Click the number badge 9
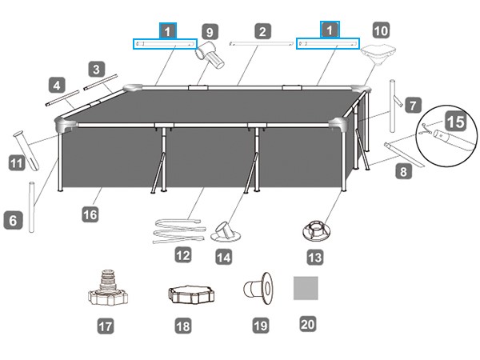click(210, 32)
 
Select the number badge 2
click(262, 32)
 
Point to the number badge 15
click(456, 122)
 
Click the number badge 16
click(90, 214)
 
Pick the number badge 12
click(183, 255)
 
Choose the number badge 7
click(412, 104)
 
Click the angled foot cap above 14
click(229, 231)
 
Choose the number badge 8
click(402, 170)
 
